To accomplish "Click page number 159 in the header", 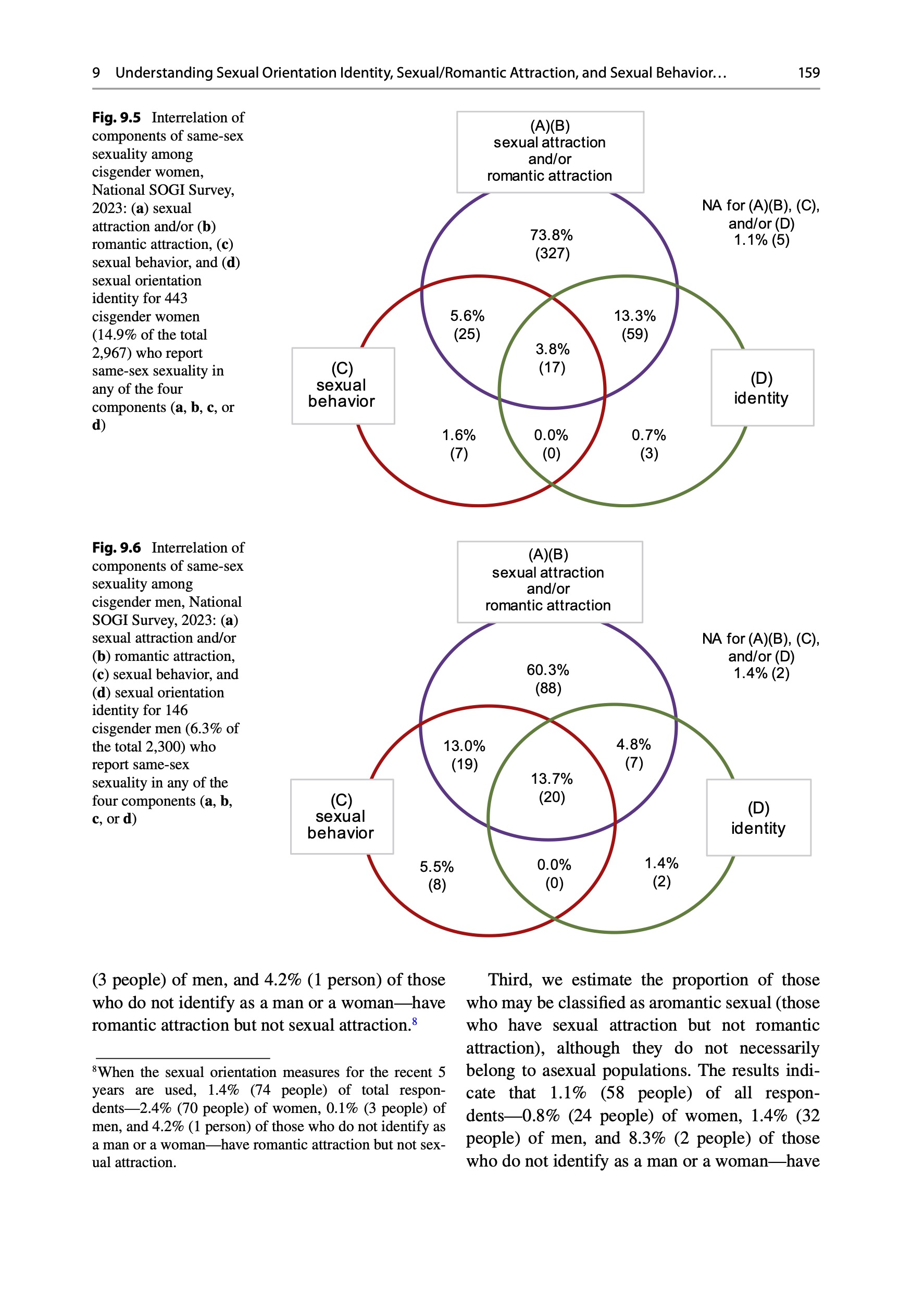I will (808, 72).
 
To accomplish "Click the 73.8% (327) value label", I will (551, 244).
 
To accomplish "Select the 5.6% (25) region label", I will (467, 324).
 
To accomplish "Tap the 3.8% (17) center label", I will (552, 358).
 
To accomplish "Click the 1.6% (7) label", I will (458, 444).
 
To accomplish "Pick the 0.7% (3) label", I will (648, 444).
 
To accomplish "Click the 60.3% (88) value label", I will (547, 679).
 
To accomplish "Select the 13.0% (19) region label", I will (464, 755).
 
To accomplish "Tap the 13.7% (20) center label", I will (551, 787).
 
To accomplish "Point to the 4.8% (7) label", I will (633, 753).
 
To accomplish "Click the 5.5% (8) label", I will (436, 875).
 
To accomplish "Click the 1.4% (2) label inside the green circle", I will (661, 872).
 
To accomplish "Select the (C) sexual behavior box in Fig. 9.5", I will (343, 385).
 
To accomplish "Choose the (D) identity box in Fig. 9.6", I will (758, 818).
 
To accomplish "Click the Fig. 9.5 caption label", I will (116, 117).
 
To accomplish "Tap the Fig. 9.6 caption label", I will (116, 548).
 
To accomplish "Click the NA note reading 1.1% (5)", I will (761, 240).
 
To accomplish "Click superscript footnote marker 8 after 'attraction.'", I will (415, 1021).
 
